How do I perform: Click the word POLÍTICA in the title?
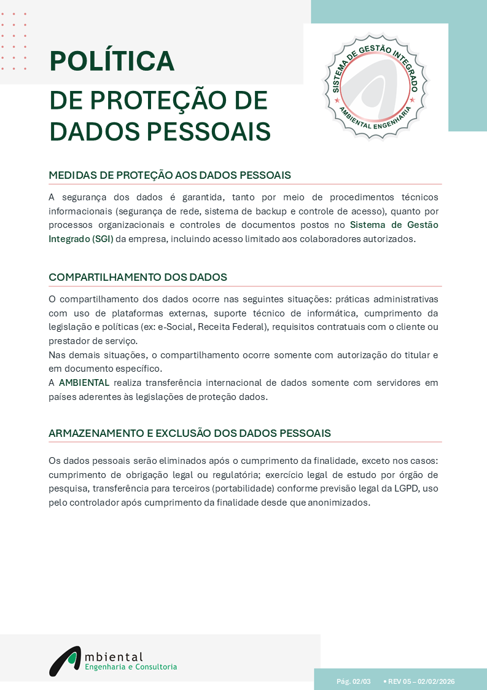(x=112, y=61)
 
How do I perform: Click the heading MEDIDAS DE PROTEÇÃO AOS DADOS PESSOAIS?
(x=169, y=175)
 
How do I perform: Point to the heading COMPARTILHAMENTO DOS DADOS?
(x=138, y=277)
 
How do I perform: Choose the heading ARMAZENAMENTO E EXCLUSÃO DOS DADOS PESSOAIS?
(x=189, y=433)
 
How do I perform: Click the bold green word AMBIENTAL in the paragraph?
(x=84, y=383)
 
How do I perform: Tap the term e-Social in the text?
(x=176, y=326)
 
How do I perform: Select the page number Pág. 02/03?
(x=354, y=681)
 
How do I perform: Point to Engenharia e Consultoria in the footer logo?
(x=130, y=667)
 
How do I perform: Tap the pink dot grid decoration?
(x=14, y=41)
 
